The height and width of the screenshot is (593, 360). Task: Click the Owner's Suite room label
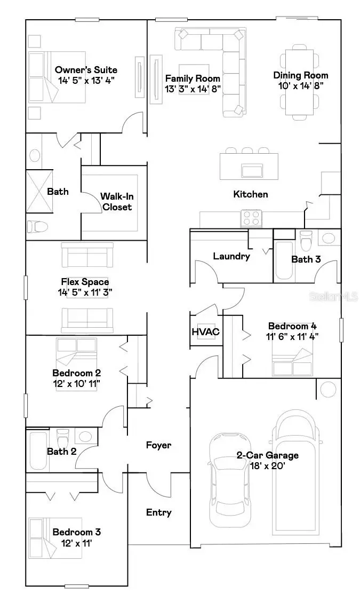[x=86, y=70]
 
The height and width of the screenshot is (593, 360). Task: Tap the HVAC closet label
[x=205, y=332]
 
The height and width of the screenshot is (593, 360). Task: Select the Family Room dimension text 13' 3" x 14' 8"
[x=193, y=89]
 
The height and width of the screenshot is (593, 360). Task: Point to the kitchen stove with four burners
[x=252, y=218]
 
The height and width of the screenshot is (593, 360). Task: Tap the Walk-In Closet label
[x=116, y=201]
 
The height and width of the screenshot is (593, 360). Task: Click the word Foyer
[x=159, y=445]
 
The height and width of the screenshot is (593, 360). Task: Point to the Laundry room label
[x=231, y=256]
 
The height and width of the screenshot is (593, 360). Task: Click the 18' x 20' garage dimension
[x=267, y=465]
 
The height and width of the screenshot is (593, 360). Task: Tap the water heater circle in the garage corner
[x=329, y=388]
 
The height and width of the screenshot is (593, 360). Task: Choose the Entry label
[x=159, y=512]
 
